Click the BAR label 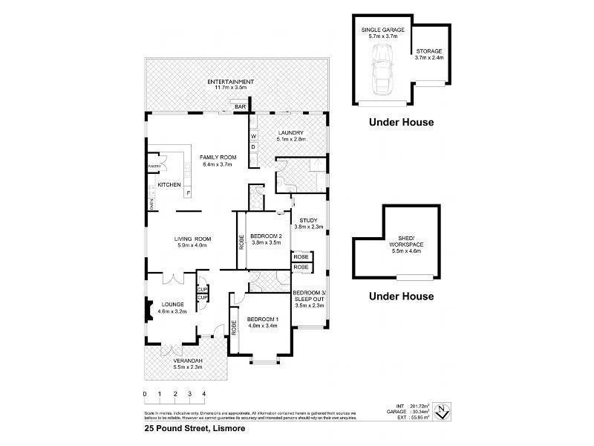click(240, 108)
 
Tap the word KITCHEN click(169, 184)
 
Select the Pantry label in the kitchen click(154, 166)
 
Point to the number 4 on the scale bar click(203, 394)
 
